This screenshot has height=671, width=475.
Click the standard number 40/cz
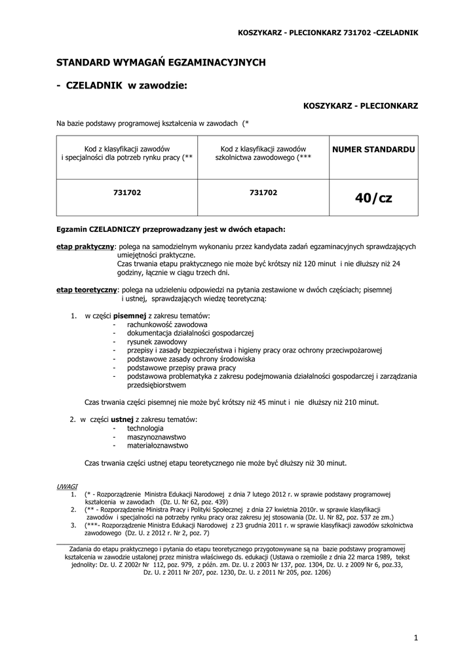click(373, 198)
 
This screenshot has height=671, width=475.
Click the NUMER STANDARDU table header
click(373, 149)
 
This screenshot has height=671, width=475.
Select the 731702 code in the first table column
click(127, 193)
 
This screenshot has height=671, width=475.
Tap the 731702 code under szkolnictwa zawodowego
click(263, 193)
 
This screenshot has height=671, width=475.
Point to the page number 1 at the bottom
click(415, 638)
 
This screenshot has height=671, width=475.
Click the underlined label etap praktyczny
click(86, 246)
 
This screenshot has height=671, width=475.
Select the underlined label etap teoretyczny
click(86, 289)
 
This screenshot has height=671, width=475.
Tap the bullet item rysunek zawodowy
click(157, 342)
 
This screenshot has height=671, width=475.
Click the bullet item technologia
click(145, 428)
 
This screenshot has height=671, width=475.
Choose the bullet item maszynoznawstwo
click(157, 436)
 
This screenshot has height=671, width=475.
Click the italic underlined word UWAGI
click(67, 487)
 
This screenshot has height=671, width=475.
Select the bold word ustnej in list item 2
click(122, 419)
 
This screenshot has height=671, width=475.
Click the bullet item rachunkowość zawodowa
click(167, 325)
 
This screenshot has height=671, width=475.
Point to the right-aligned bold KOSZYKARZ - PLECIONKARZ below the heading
click(361, 105)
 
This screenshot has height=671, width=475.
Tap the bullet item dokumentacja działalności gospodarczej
click(190, 334)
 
